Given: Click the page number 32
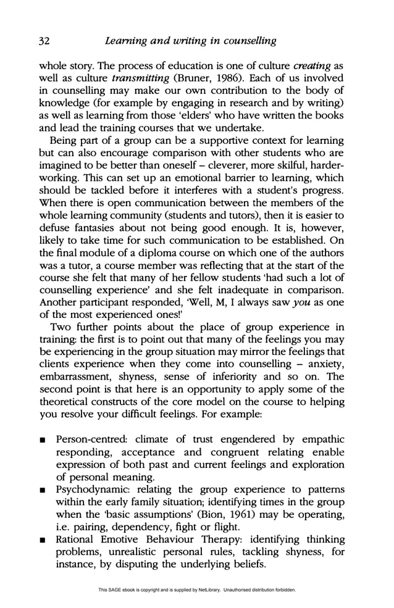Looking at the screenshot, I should [44, 41].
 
